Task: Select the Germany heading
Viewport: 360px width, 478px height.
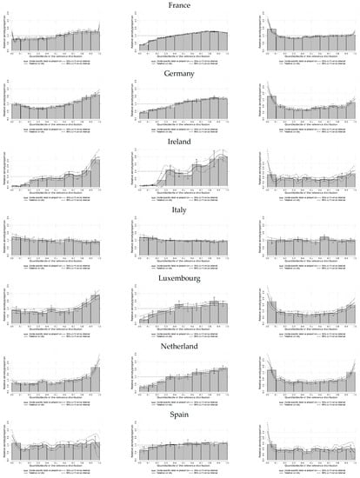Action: [x=180, y=75]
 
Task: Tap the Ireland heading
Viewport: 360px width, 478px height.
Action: [x=180, y=143]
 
